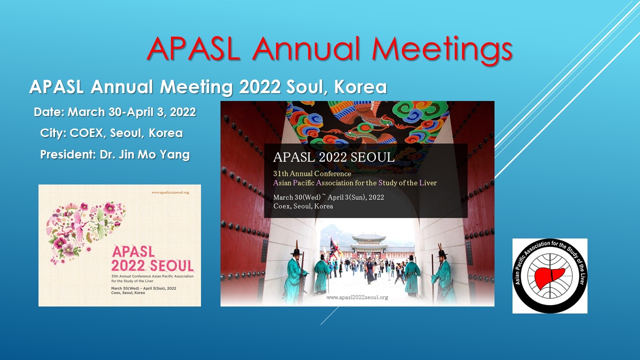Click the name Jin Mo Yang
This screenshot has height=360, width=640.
pos(154,155)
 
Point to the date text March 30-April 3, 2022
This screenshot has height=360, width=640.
pos(131,112)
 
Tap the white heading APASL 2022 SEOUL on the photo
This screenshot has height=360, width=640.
pos(333,157)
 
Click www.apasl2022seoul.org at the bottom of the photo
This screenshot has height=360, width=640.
pos(357,297)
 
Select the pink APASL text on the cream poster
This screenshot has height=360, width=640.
pos(133,251)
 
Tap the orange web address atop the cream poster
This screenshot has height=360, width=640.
pos(170,192)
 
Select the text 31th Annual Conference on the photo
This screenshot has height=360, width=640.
pos(312,173)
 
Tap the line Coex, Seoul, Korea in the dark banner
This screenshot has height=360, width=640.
pos(303,206)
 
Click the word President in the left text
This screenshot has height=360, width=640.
pos(67,154)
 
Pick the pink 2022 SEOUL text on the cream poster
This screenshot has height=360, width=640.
pos(152,265)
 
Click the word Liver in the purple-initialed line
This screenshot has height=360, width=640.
pos(428,183)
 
